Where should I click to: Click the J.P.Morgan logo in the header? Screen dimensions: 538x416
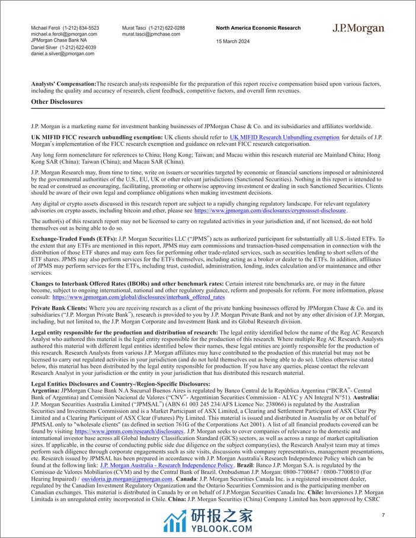(x=358, y=29)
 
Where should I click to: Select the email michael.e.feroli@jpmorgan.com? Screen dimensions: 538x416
(x=65, y=34)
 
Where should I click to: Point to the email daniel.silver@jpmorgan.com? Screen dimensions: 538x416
(x=62, y=53)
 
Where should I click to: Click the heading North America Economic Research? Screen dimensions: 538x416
(x=258, y=28)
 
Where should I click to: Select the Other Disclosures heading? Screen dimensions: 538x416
(x=57, y=101)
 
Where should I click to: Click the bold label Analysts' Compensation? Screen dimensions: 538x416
(x=63, y=84)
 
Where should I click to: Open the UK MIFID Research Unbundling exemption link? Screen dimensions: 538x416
(x=284, y=138)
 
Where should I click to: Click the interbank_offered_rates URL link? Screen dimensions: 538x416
(x=139, y=297)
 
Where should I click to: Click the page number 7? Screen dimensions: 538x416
(x=383, y=515)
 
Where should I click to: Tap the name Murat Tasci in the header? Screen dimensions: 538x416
(x=136, y=28)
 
